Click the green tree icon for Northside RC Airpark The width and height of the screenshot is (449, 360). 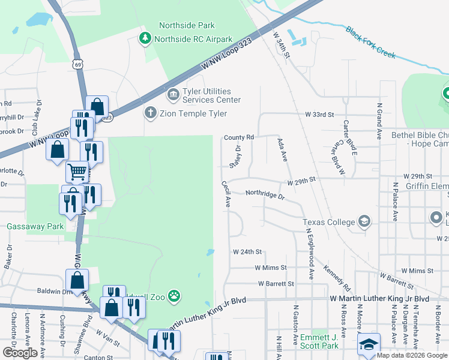(145, 39)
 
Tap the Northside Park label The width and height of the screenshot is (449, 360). (187, 25)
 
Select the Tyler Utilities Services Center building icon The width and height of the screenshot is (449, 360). (173, 95)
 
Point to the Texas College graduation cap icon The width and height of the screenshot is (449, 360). (364, 222)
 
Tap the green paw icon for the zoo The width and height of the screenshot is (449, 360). (174, 295)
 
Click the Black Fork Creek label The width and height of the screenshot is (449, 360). (370, 42)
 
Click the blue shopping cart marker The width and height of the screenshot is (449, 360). (77, 172)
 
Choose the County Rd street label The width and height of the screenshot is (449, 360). (239, 137)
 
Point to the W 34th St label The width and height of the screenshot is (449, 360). (281, 46)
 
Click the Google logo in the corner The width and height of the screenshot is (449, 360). (20, 353)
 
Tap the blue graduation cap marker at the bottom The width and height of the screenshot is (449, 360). (369, 344)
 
